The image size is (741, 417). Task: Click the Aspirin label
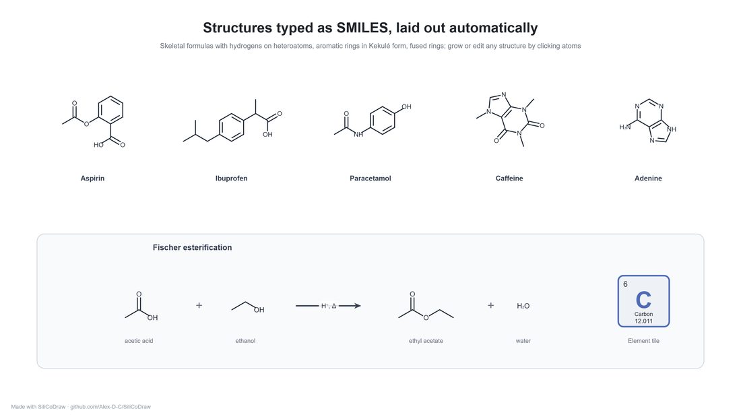92,179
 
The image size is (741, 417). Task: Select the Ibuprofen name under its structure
231,179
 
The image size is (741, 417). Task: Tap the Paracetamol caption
370,179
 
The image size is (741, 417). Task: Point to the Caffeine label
509,179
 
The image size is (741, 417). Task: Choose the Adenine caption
648,179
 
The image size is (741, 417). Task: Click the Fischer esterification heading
192,247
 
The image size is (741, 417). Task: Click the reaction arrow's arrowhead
357,306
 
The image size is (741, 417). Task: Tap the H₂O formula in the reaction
523,306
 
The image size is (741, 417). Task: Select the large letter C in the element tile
643,300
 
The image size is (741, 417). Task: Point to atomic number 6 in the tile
625,284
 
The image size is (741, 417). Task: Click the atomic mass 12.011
643,321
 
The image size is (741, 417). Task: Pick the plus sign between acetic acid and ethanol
199,305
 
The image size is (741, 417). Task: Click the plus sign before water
490,305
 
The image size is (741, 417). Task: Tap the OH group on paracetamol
406,107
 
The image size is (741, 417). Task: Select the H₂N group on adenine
624,127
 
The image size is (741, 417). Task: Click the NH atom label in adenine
671,129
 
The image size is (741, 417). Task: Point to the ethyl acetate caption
426,341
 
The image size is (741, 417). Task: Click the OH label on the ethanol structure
259,310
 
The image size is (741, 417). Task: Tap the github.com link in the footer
110,407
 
